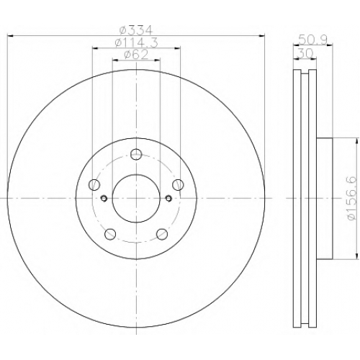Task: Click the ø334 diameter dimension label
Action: [136, 30]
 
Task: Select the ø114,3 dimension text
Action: [136, 42]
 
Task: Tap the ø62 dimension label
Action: [136, 55]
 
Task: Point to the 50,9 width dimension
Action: [312, 40]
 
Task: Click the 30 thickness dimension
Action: [305, 53]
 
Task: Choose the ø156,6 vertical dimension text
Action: [352, 198]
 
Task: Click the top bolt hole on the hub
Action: [136, 154]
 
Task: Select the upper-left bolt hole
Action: [94, 184]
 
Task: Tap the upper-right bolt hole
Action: [178, 184]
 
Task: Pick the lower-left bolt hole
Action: [110, 234]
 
